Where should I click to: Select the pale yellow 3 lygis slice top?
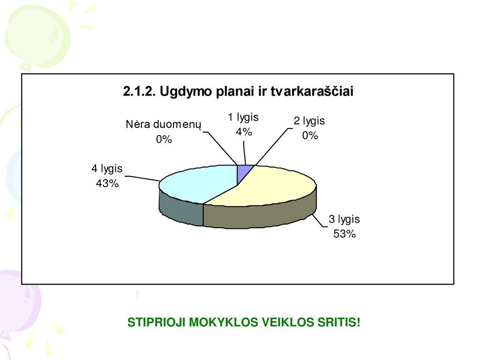270,187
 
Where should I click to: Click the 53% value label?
345,234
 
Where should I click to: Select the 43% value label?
107,184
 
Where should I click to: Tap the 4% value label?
244,132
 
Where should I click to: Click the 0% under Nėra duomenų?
164,140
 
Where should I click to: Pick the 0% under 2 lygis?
310,135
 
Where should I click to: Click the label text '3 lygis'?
344,219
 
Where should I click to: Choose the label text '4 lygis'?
107,169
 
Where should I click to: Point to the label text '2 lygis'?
309,121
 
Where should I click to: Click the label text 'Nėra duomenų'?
164,125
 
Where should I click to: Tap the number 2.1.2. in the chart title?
139,91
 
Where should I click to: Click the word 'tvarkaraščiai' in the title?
312,91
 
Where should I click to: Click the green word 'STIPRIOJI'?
156,322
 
